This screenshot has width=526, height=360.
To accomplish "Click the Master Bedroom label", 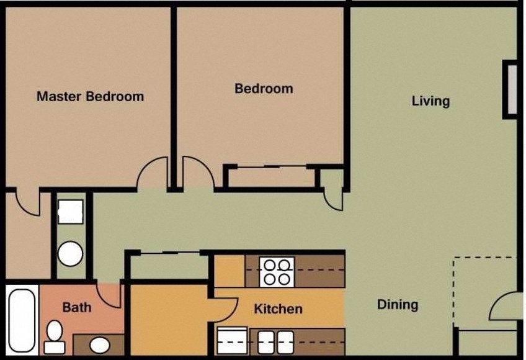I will coord(90,96).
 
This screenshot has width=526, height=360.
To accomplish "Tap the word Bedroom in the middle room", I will coord(264,89).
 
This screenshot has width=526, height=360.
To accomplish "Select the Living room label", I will coord(430,101).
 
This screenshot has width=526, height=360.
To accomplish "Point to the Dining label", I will coord(398,305).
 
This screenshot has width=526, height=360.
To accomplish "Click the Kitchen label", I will coord(279,308).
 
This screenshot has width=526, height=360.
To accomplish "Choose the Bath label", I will coord(77,307).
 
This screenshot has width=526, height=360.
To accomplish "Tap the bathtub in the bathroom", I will coord(22,320).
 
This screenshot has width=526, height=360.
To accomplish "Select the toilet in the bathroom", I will coord(55,336).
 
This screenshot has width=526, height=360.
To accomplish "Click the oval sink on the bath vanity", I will coord(99,344).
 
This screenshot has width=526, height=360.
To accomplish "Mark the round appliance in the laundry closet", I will coord(71,254).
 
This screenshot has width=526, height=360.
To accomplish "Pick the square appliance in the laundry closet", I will coord(71,212).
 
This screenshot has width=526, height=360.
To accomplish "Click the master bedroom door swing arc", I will coord(152,172).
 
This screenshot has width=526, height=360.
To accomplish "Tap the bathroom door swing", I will coord(110,296).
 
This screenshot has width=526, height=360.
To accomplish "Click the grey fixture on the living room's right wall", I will coord(510,88).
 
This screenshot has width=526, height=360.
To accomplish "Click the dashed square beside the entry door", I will coord(483,292).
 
